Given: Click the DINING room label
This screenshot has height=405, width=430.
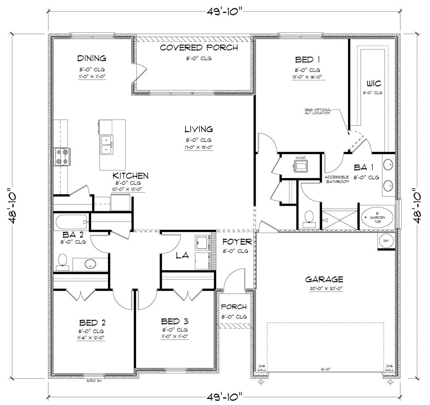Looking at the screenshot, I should pyautogui.click(x=91, y=58).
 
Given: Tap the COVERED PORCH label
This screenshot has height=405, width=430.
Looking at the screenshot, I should pyautogui.click(x=199, y=48).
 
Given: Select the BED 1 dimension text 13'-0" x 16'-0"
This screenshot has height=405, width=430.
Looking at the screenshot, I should pyautogui.click(x=307, y=77).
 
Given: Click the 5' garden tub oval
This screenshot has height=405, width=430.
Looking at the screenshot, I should pyautogui.click(x=377, y=218).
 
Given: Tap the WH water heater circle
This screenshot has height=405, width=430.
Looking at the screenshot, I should pyautogui.click(x=386, y=241).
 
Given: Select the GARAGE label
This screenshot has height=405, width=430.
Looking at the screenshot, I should pyautogui.click(x=324, y=279).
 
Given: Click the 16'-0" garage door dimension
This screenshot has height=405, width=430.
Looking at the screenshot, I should pyautogui.click(x=325, y=369).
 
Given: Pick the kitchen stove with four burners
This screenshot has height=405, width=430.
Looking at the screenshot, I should pyautogui.click(x=62, y=157).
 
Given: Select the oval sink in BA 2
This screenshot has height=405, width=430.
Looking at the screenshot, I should pyautogui.click(x=89, y=264).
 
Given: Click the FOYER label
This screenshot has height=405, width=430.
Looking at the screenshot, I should pyautogui.click(x=237, y=242).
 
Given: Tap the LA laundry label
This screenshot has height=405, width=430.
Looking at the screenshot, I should pyautogui.click(x=182, y=256).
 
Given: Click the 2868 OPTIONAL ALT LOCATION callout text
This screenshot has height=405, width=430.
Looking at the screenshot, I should pyautogui.click(x=318, y=111).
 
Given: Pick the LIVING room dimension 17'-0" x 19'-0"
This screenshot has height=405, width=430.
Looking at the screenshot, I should pyautogui.click(x=198, y=147).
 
